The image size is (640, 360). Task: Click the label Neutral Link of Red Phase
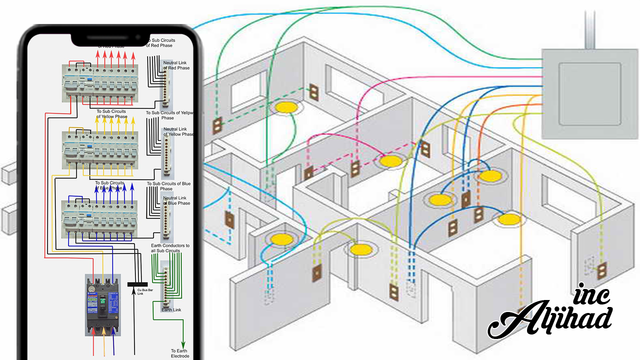point(176,65)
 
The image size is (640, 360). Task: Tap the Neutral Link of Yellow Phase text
point(178,131)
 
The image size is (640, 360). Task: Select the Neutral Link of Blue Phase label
point(176,200)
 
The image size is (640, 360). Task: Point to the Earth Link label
point(171,310)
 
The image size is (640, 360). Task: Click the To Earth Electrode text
point(180,353)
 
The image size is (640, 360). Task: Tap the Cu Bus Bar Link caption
point(136,291)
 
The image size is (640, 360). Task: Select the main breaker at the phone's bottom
point(103,304)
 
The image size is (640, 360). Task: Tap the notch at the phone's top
point(110,38)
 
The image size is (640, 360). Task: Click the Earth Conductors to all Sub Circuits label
point(170,248)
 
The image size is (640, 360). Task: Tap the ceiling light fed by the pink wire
point(389,161)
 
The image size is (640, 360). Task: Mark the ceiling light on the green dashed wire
point(285,107)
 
